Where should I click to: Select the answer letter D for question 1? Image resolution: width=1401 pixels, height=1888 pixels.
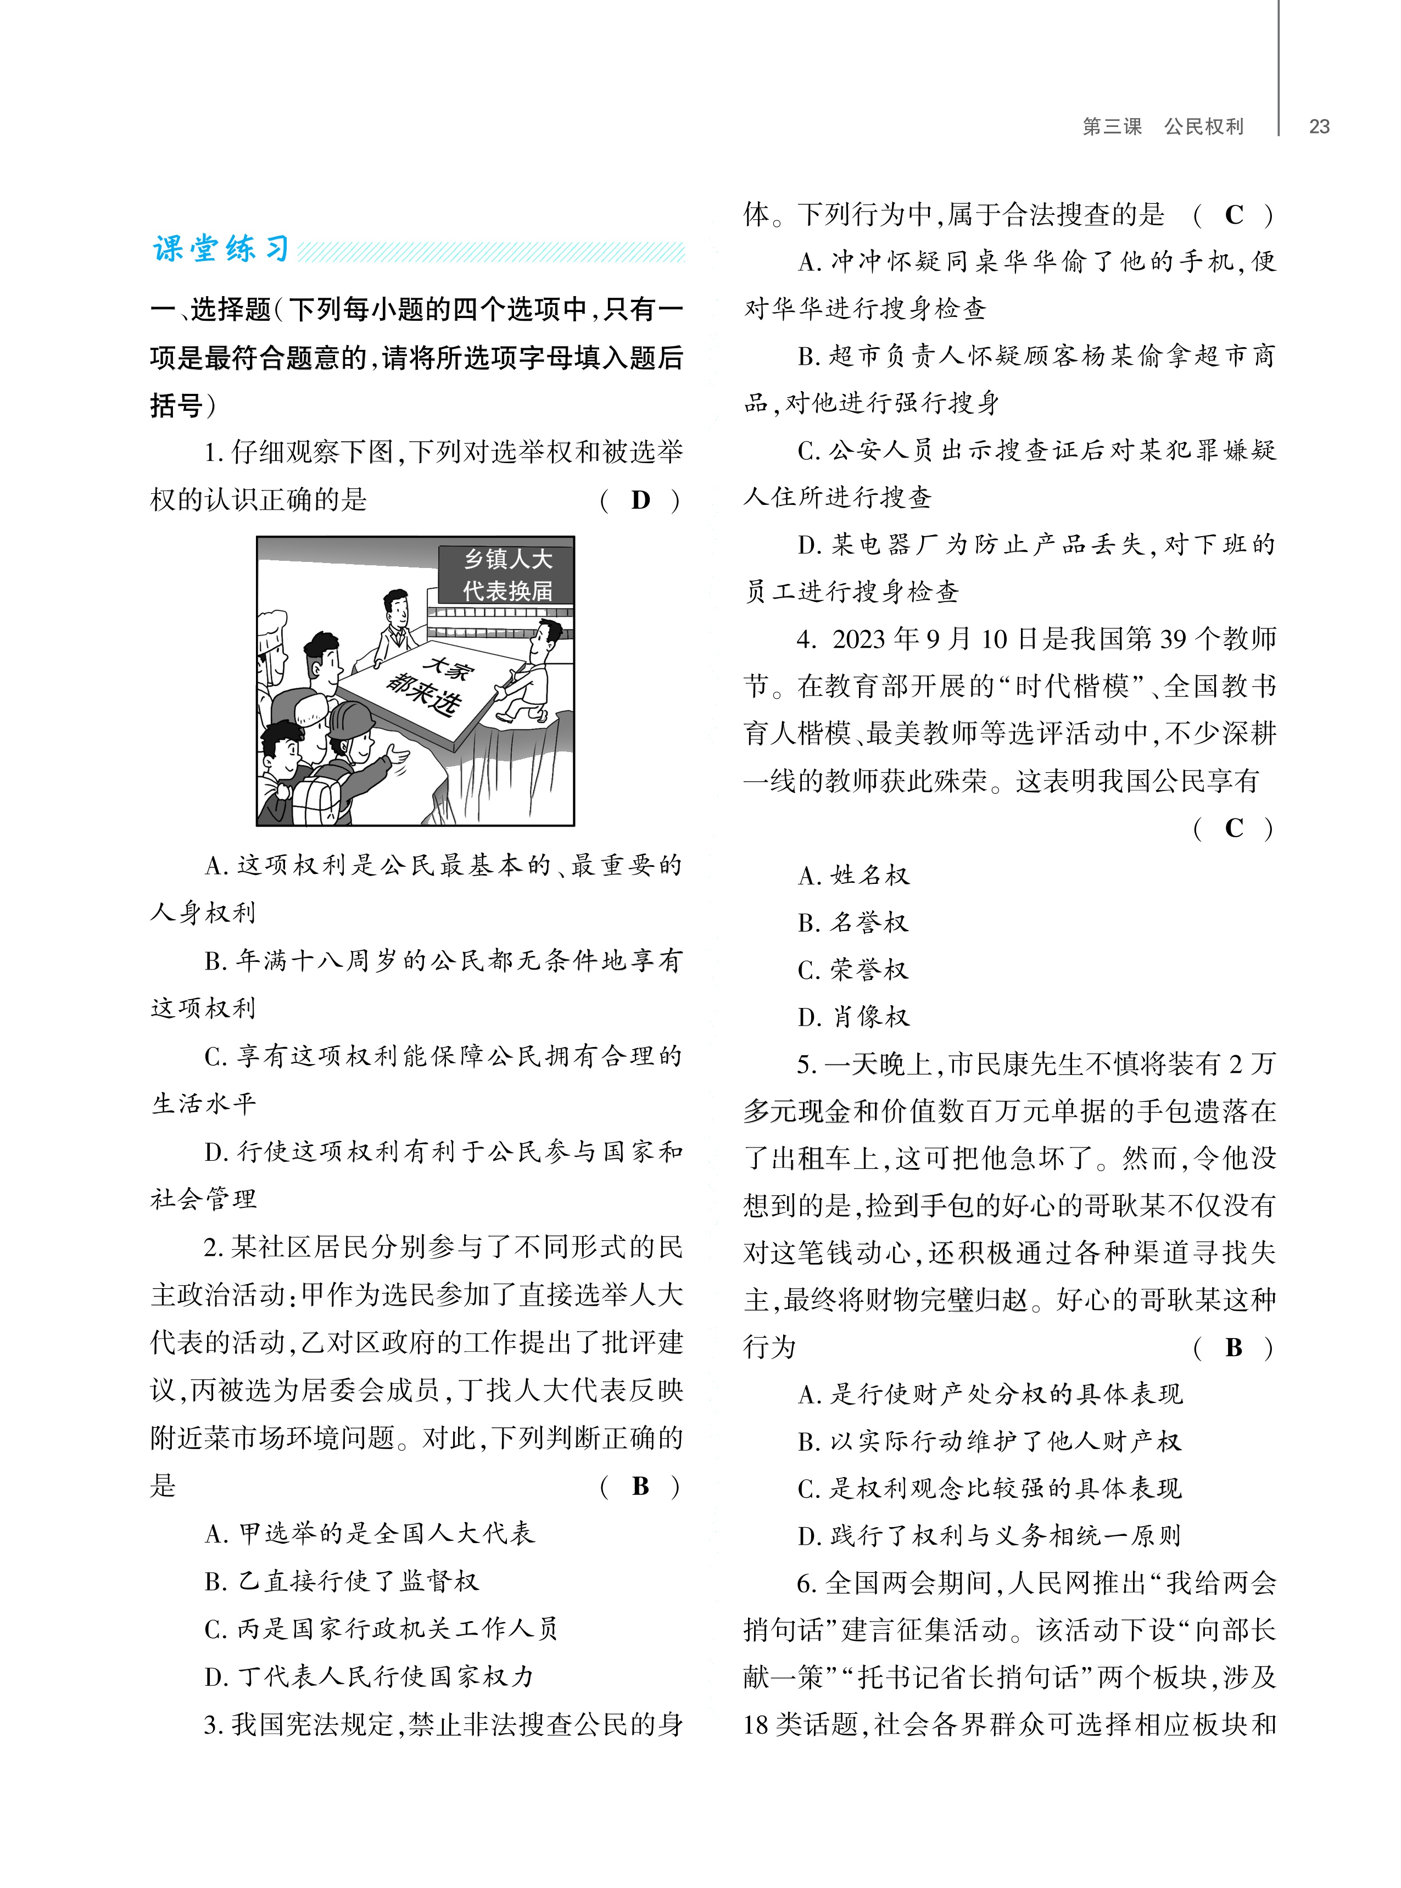(x=640, y=500)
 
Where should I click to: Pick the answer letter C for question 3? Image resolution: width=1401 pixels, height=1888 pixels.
(x=1234, y=215)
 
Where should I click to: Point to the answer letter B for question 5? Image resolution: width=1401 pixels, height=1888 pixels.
(x=1234, y=1347)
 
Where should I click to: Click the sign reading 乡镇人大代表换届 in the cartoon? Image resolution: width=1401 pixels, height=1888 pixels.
(x=507, y=574)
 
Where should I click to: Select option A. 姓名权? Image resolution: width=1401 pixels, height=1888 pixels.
(x=853, y=875)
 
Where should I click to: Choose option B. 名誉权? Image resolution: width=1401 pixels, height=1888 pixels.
(x=853, y=923)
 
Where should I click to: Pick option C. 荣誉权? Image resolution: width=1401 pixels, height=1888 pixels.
(x=853, y=970)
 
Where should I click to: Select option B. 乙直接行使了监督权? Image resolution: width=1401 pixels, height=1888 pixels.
(x=342, y=1581)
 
